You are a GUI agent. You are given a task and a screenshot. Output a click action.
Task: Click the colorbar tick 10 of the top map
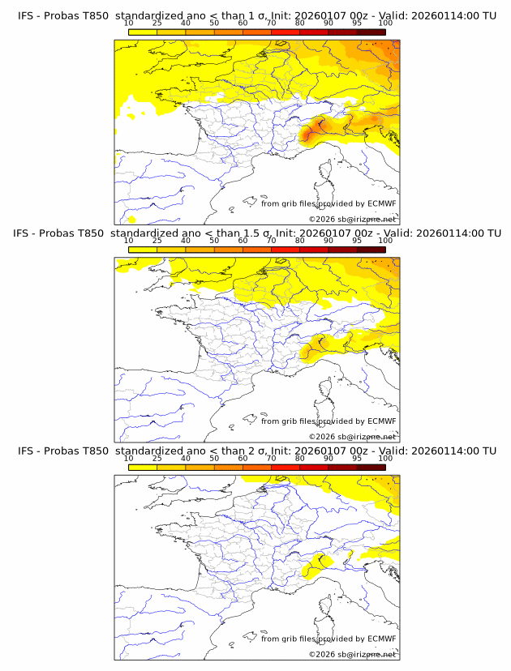[x=129, y=23]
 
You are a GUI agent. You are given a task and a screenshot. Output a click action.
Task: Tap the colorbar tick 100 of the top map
[x=384, y=23]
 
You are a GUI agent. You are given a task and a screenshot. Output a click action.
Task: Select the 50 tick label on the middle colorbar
[x=214, y=241]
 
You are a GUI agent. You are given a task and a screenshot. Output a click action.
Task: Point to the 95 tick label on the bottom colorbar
[x=356, y=459]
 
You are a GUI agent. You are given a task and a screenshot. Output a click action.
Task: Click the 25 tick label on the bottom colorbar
[x=157, y=459]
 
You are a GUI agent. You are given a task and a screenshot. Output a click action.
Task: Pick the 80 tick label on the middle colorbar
[x=300, y=241]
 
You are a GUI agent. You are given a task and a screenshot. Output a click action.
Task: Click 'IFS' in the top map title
[x=26, y=15]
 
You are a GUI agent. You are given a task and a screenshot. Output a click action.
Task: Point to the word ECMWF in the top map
[x=382, y=203]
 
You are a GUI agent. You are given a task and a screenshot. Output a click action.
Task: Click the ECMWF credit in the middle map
[x=382, y=421]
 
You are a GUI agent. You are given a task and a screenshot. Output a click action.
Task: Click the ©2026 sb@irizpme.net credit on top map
[x=353, y=220]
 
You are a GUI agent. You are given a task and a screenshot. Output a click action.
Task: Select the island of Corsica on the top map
[x=327, y=172]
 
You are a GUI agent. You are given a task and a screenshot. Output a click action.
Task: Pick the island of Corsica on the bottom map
[x=327, y=607]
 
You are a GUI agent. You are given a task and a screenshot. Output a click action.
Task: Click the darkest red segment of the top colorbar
[x=371, y=32]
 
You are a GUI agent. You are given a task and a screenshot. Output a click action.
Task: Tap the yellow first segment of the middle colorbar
[x=143, y=250]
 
